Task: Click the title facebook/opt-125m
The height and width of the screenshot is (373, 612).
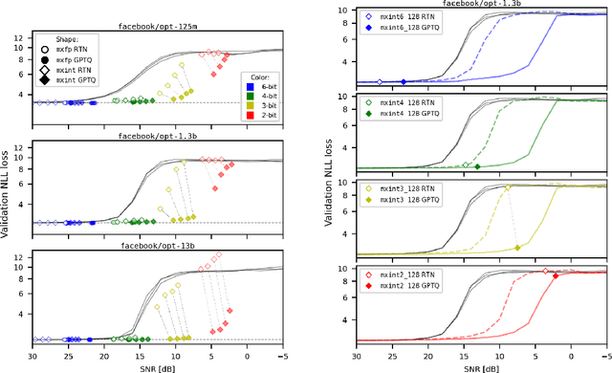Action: coord(159,28)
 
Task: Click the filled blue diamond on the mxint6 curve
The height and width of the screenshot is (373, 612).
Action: coord(404,82)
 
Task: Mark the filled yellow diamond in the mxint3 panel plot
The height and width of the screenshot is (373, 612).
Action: coord(517,248)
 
